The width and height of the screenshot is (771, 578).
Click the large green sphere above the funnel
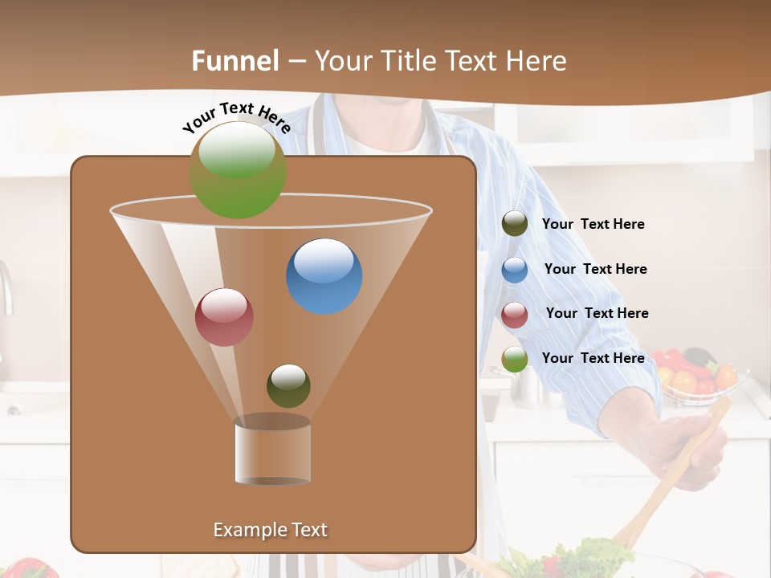(238, 169)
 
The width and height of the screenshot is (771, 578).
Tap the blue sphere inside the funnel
(324, 276)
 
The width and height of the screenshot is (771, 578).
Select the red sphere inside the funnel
(224, 317)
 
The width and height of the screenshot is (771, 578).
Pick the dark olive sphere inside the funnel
(288, 385)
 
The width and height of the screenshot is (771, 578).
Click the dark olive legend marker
(515, 224)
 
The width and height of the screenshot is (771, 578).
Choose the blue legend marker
(515, 270)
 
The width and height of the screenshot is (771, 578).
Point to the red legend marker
(515, 315)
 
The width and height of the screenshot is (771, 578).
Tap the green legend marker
(515, 359)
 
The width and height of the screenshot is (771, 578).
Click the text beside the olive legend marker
(593, 224)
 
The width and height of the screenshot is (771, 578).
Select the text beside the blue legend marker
(595, 269)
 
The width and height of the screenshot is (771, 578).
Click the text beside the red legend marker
(597, 313)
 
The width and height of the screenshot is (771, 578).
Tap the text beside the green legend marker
(593, 358)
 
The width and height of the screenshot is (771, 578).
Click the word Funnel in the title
(235, 61)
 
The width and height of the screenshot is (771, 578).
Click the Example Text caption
(270, 530)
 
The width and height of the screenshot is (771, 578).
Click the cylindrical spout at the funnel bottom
(272, 451)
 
